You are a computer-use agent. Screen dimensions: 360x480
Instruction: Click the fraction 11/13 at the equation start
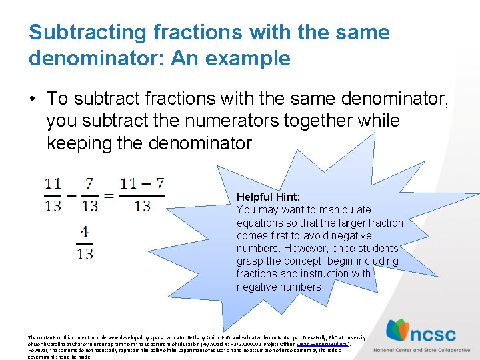pos(53,193)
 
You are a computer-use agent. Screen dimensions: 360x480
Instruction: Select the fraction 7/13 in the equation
pos(90,193)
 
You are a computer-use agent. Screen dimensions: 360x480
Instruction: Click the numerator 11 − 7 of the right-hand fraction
pos(142,183)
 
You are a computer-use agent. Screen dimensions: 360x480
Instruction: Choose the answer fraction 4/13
pos(85,242)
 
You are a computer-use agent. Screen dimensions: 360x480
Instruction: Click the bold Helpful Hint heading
pos(268,197)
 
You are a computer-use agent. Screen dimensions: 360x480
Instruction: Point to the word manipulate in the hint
pos(347,209)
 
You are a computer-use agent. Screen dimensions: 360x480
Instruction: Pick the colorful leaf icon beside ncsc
pos(399,331)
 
